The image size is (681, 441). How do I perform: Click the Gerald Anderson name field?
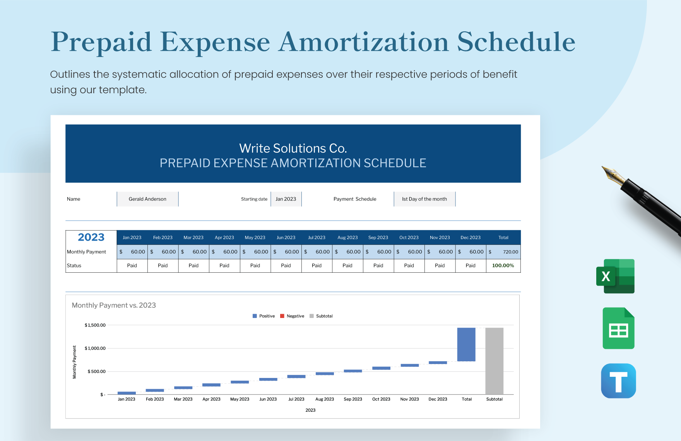[147, 199]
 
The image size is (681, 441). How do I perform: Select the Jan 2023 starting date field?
[286, 199]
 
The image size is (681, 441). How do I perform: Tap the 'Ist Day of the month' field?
[424, 199]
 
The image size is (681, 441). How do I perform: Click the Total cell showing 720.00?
[503, 252]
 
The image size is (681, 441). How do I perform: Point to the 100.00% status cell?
[503, 266]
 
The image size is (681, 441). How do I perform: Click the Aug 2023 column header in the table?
[347, 238]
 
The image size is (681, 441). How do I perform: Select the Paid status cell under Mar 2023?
[193, 266]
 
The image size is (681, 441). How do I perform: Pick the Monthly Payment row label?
[87, 252]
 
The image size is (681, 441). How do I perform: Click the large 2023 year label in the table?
[91, 237]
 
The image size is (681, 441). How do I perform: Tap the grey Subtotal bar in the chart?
[494, 361]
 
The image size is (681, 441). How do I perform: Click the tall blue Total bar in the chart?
[466, 344]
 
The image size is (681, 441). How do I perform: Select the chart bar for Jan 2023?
[127, 393]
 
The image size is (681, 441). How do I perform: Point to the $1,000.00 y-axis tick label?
[95, 348]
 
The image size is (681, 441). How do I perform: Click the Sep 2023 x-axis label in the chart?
[353, 399]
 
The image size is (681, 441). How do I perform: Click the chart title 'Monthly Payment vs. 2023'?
[114, 305]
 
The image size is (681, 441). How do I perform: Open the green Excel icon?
[615, 276]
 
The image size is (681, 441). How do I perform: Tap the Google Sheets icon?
[618, 328]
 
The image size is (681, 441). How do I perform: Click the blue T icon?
[618, 381]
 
